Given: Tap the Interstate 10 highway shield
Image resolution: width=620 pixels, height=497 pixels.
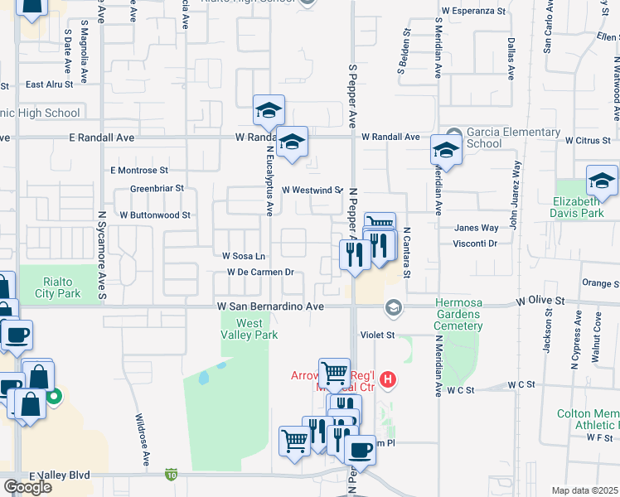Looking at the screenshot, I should tap(171, 474).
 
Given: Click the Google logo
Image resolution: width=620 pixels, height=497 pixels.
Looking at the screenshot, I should tap(27, 487).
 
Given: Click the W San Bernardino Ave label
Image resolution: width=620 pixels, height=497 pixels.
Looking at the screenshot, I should tap(269, 306).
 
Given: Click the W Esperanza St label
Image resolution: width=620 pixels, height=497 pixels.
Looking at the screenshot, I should tap(473, 11).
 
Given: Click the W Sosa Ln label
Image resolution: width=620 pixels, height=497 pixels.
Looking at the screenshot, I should tap(242, 256).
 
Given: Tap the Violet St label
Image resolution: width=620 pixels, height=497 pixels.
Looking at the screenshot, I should tap(377, 335).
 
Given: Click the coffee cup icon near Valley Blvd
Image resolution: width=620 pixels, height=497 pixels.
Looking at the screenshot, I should tap(360, 449).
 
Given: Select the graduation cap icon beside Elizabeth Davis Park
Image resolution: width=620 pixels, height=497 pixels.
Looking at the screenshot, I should tap(602, 181).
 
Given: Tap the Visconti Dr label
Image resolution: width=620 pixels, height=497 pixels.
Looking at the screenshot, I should tap(475, 244).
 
